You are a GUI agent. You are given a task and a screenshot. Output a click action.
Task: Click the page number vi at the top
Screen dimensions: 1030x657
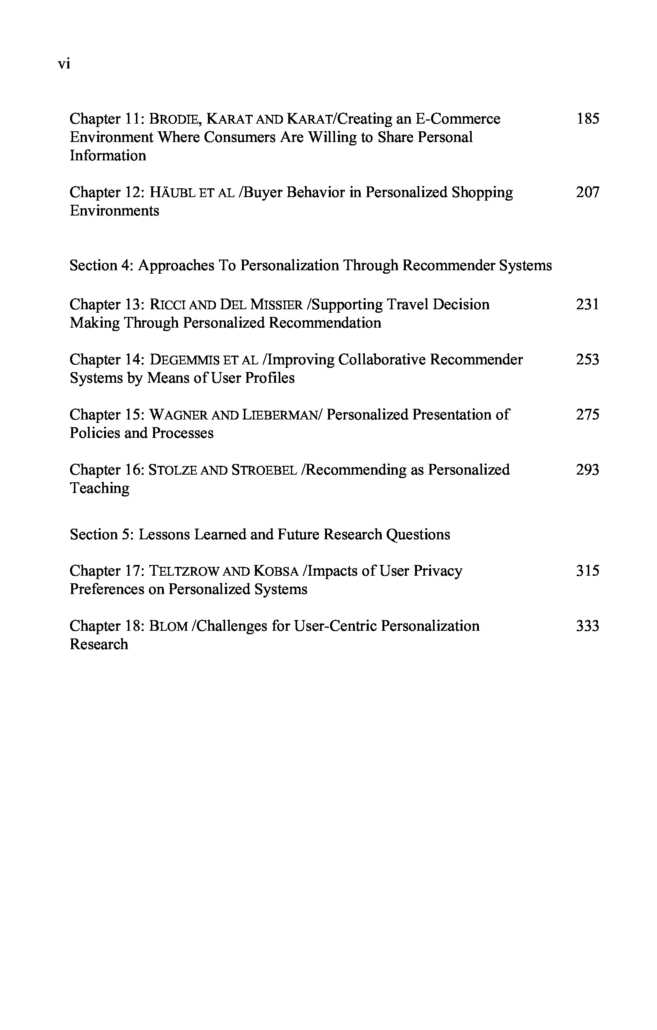point(64,64)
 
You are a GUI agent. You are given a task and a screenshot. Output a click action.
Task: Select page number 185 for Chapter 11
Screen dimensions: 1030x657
point(588,119)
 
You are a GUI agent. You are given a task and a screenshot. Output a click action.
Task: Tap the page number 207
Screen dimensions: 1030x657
point(587,193)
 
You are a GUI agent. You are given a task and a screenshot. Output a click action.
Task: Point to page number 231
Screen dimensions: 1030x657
point(587,305)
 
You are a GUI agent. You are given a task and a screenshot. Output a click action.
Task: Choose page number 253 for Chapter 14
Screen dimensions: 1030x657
point(587,360)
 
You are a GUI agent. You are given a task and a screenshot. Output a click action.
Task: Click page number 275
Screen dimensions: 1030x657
point(587,415)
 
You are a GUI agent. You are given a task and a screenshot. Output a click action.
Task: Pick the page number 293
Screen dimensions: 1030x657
point(587,470)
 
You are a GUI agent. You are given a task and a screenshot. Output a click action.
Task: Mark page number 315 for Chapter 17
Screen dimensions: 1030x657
point(587,571)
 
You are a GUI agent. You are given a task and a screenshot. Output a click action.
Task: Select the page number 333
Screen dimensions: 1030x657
point(587,626)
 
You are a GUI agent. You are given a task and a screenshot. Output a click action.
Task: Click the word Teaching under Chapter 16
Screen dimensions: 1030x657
point(100,488)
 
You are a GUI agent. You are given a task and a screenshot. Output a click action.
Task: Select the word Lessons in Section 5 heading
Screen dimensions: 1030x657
point(164,535)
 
